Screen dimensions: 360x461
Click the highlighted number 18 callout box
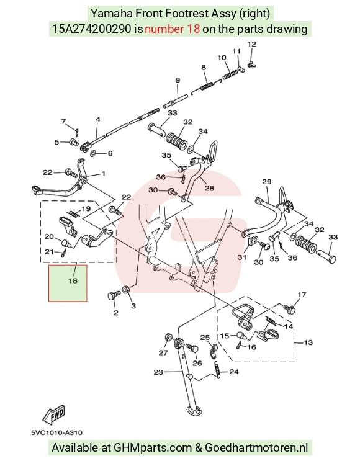click(68, 283)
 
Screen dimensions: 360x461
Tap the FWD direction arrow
click(54, 415)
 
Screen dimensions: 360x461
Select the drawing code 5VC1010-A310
click(56, 432)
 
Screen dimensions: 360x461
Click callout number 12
click(252, 44)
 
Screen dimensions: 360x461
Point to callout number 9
click(178, 80)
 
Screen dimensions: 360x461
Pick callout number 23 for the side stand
click(158, 372)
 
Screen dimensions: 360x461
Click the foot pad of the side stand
click(193, 410)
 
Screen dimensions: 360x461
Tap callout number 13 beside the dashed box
click(308, 342)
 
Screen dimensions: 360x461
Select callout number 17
click(302, 295)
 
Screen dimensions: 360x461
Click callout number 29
click(267, 182)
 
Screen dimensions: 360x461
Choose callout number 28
click(209, 188)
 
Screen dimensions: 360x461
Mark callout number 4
click(98, 119)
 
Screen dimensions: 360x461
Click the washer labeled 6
click(92, 153)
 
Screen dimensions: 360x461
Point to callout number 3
click(133, 306)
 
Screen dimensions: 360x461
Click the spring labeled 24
click(217, 369)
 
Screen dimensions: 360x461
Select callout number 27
click(163, 353)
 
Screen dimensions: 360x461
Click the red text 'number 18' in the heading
click(173, 29)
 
